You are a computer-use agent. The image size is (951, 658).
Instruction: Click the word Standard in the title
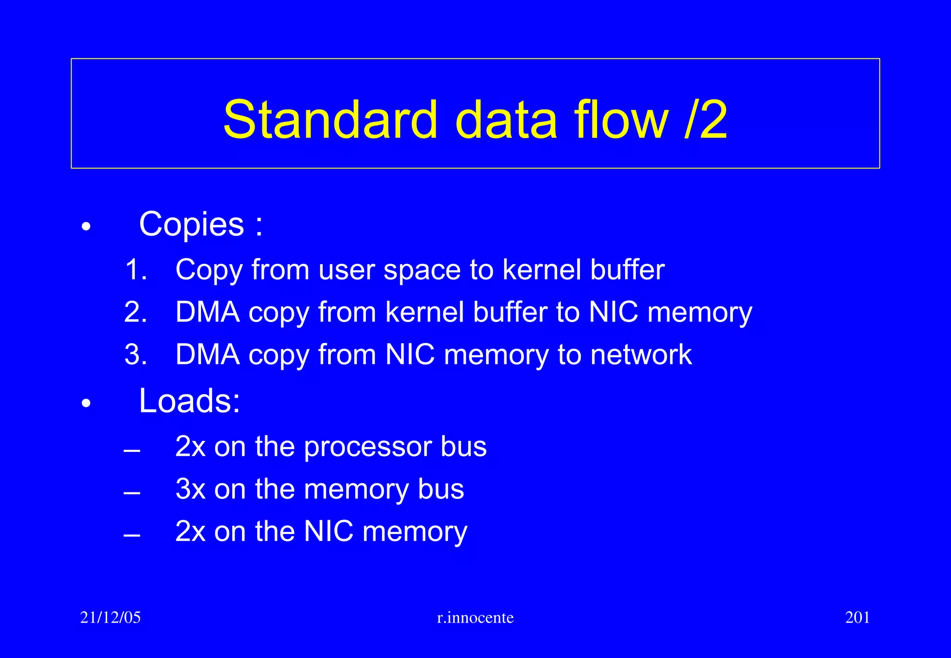(330, 120)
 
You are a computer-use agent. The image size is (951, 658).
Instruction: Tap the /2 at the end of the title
(705, 120)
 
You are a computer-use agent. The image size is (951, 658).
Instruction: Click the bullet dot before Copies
(86, 227)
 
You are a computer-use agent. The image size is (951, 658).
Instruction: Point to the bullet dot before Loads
(86, 404)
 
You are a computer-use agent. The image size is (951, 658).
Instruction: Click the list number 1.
(136, 270)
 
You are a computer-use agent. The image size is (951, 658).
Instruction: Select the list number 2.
(136, 312)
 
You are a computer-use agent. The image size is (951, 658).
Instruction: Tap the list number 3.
(136, 355)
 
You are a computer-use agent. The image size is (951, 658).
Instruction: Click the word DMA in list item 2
(208, 312)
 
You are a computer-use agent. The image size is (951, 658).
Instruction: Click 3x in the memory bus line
(190, 489)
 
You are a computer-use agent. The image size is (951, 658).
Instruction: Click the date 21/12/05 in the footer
(111, 618)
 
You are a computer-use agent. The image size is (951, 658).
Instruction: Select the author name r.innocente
(475, 618)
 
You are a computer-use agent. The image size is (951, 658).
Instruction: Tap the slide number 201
(857, 618)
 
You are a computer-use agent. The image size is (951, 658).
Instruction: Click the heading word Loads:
(190, 400)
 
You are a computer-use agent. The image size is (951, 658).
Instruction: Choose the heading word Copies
(191, 225)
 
